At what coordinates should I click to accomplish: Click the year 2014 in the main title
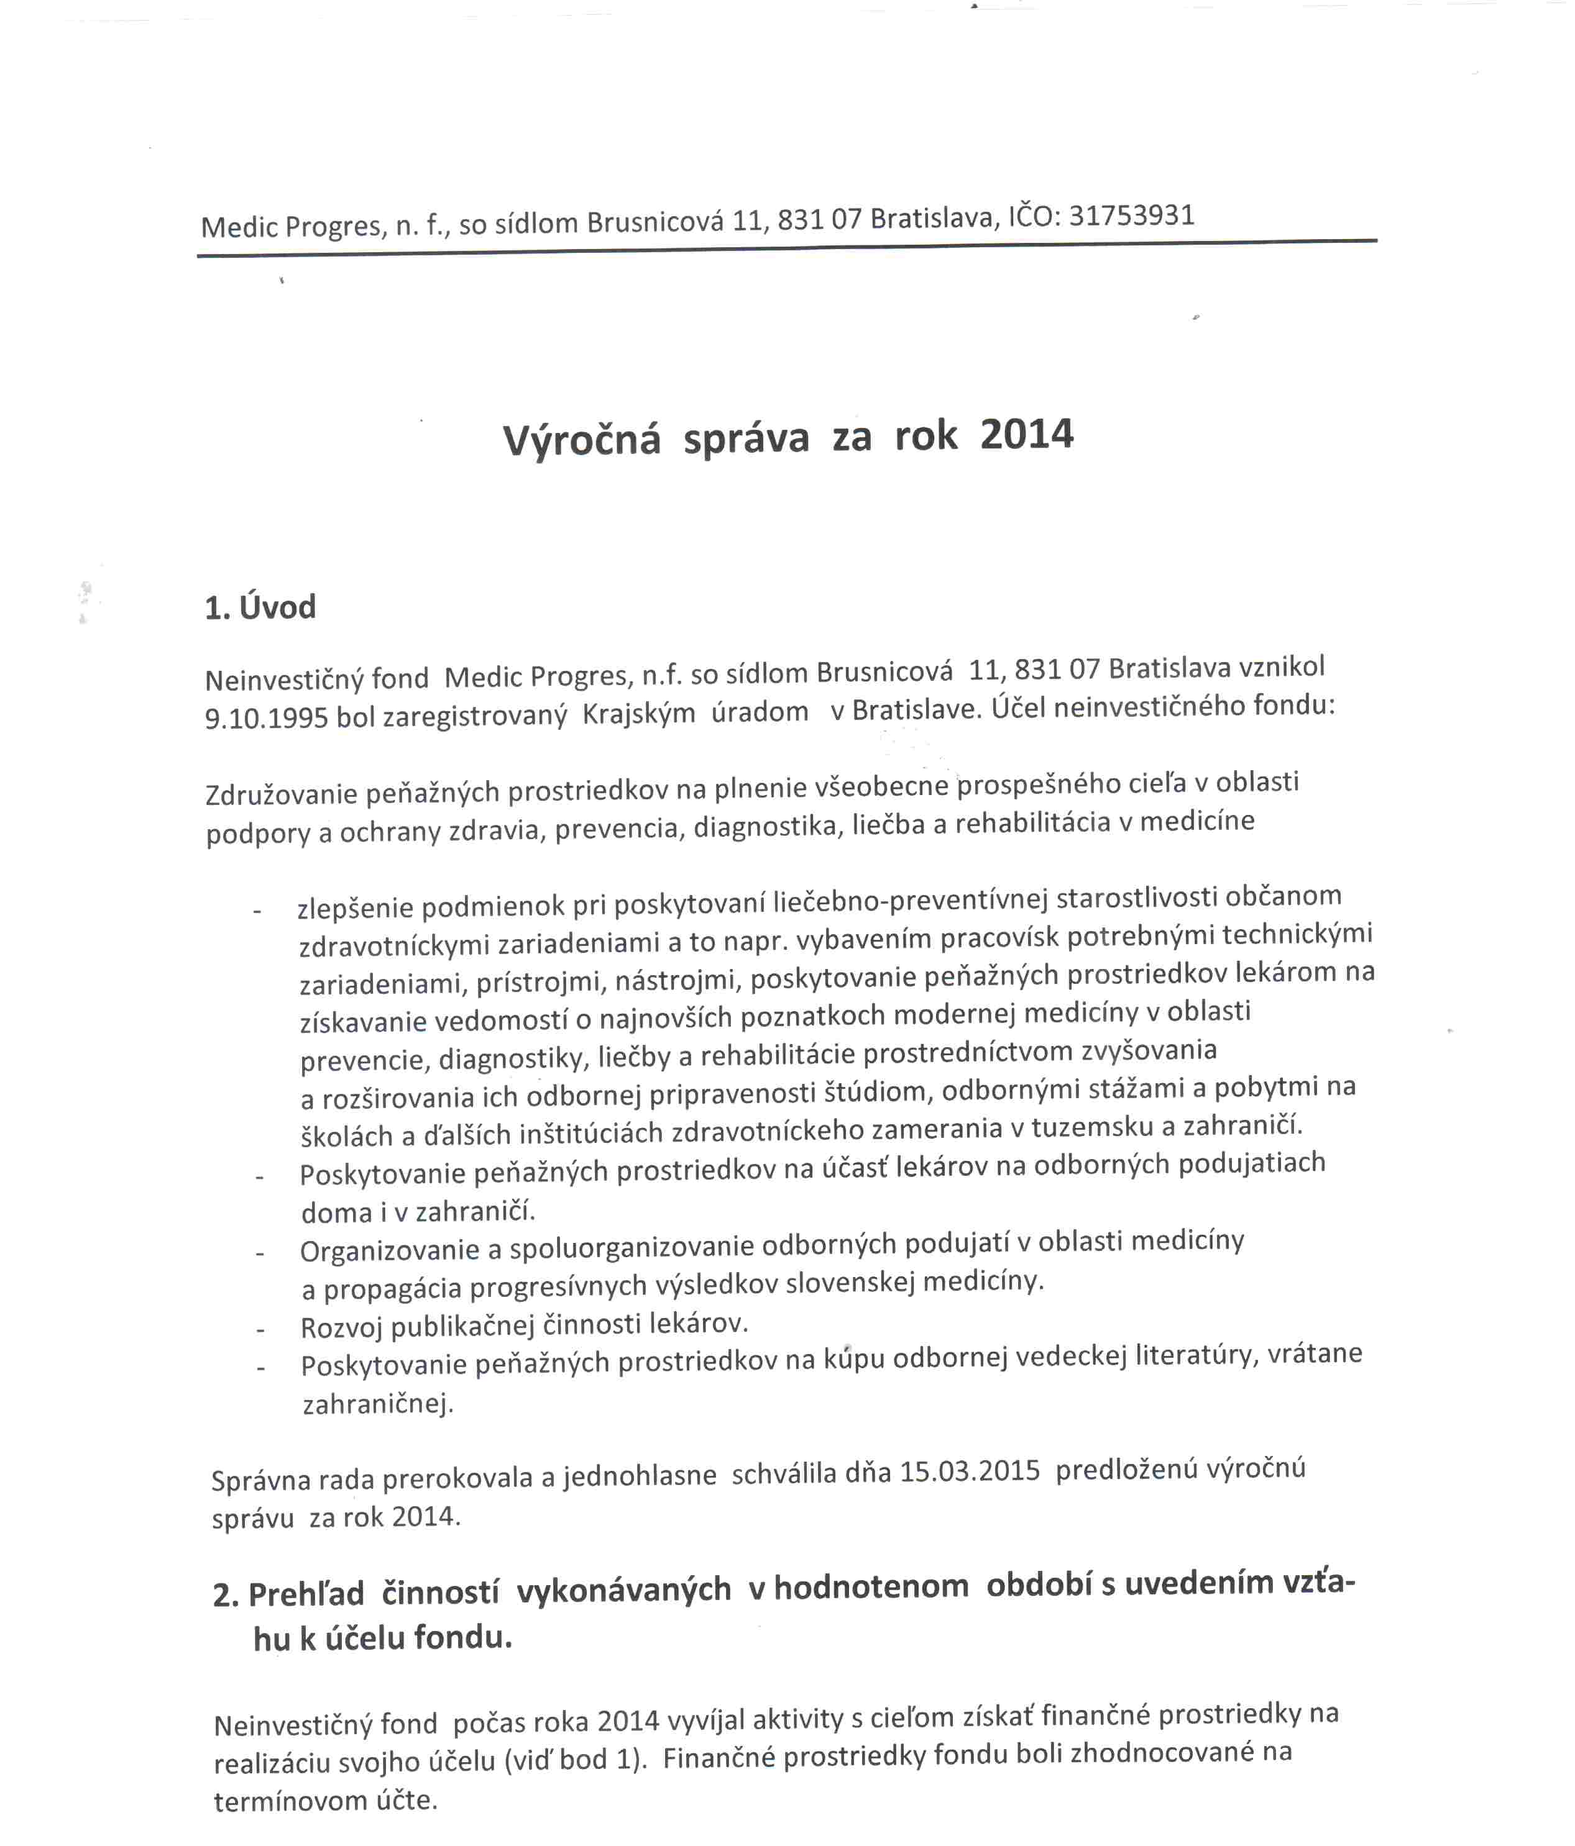coord(1026,435)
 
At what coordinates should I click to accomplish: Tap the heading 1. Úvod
coord(260,607)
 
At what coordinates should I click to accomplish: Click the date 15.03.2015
coord(970,1470)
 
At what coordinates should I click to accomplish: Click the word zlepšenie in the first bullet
coord(355,909)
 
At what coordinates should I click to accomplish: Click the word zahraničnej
coord(378,1405)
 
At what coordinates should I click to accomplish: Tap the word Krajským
coord(638,714)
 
